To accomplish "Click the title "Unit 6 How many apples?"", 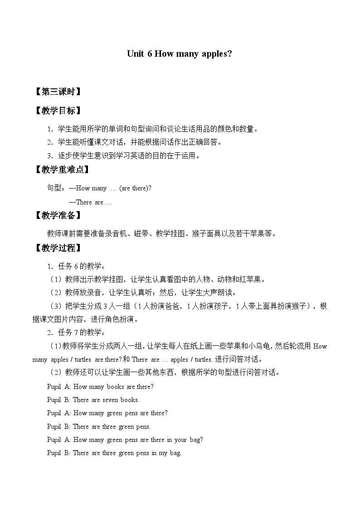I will click(x=180, y=53).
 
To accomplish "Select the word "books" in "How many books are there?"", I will click(x=115, y=387).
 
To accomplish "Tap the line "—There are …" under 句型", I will click(x=90, y=202).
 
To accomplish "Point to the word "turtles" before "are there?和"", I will click(x=82, y=359).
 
